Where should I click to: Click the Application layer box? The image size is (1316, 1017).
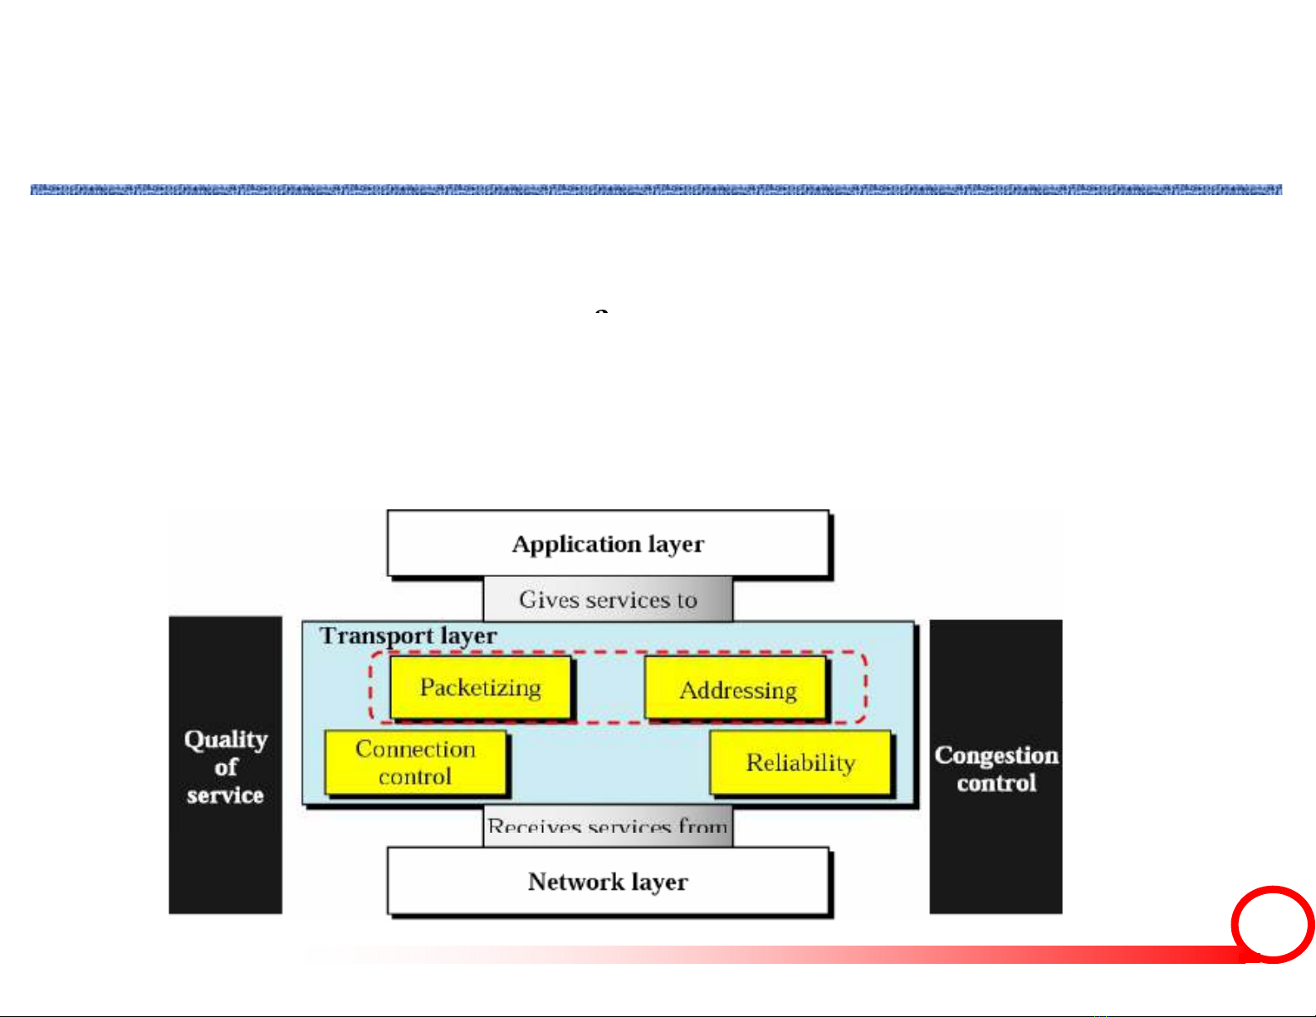[608, 544]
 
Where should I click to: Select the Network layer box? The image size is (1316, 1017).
[608, 881]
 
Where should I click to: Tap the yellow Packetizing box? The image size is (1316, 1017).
[481, 687]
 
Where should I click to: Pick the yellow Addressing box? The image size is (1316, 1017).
[736, 689]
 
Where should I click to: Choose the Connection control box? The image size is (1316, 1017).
[415, 762]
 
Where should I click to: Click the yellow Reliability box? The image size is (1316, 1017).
[800, 762]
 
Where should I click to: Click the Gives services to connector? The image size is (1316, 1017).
[608, 599]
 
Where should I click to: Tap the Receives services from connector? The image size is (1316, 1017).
[608, 826]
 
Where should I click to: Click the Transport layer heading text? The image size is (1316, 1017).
[408, 636]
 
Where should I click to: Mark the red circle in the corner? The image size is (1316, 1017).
[1272, 924]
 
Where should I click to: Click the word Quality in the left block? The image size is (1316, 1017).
[225, 739]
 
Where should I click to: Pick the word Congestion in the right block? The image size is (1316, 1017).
[996, 755]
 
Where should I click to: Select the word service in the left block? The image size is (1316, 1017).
[225, 795]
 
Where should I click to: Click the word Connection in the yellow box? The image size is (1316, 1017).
[415, 749]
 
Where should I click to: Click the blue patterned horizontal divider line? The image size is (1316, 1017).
[656, 189]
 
